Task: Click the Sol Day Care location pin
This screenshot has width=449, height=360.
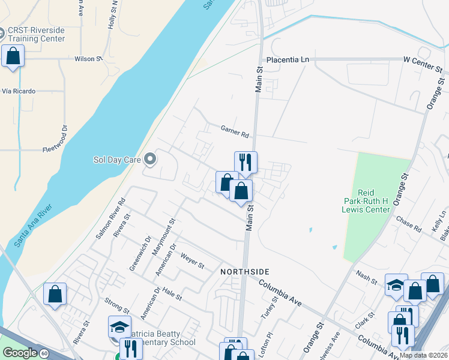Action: tap(150, 160)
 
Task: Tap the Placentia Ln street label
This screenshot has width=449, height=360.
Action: tap(288, 60)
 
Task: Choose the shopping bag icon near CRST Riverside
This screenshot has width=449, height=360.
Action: tap(13, 56)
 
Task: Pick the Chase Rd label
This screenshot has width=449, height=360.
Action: tap(409, 223)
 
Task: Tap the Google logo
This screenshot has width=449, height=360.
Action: tap(19, 353)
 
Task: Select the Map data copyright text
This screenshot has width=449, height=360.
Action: tap(424, 355)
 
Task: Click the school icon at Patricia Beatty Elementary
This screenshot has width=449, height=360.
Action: tap(119, 327)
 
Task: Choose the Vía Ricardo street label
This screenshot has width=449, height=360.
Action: tap(19, 91)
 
